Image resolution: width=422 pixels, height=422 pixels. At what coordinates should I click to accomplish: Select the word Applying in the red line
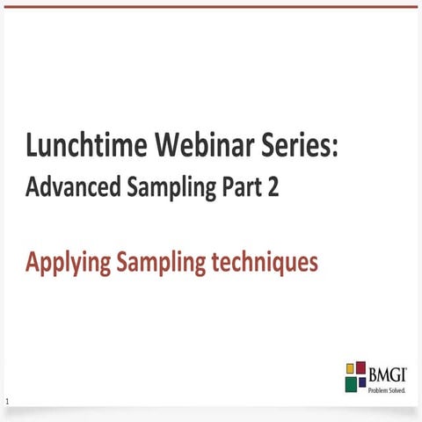pos(67,263)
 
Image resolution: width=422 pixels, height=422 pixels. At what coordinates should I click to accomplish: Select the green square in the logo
pos(351,382)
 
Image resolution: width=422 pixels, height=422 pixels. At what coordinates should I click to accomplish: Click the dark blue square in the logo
pos(361,382)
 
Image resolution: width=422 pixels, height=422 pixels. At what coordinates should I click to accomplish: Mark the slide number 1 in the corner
pos(7,403)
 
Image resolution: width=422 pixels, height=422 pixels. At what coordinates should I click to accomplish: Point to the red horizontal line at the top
pos(211,6)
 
